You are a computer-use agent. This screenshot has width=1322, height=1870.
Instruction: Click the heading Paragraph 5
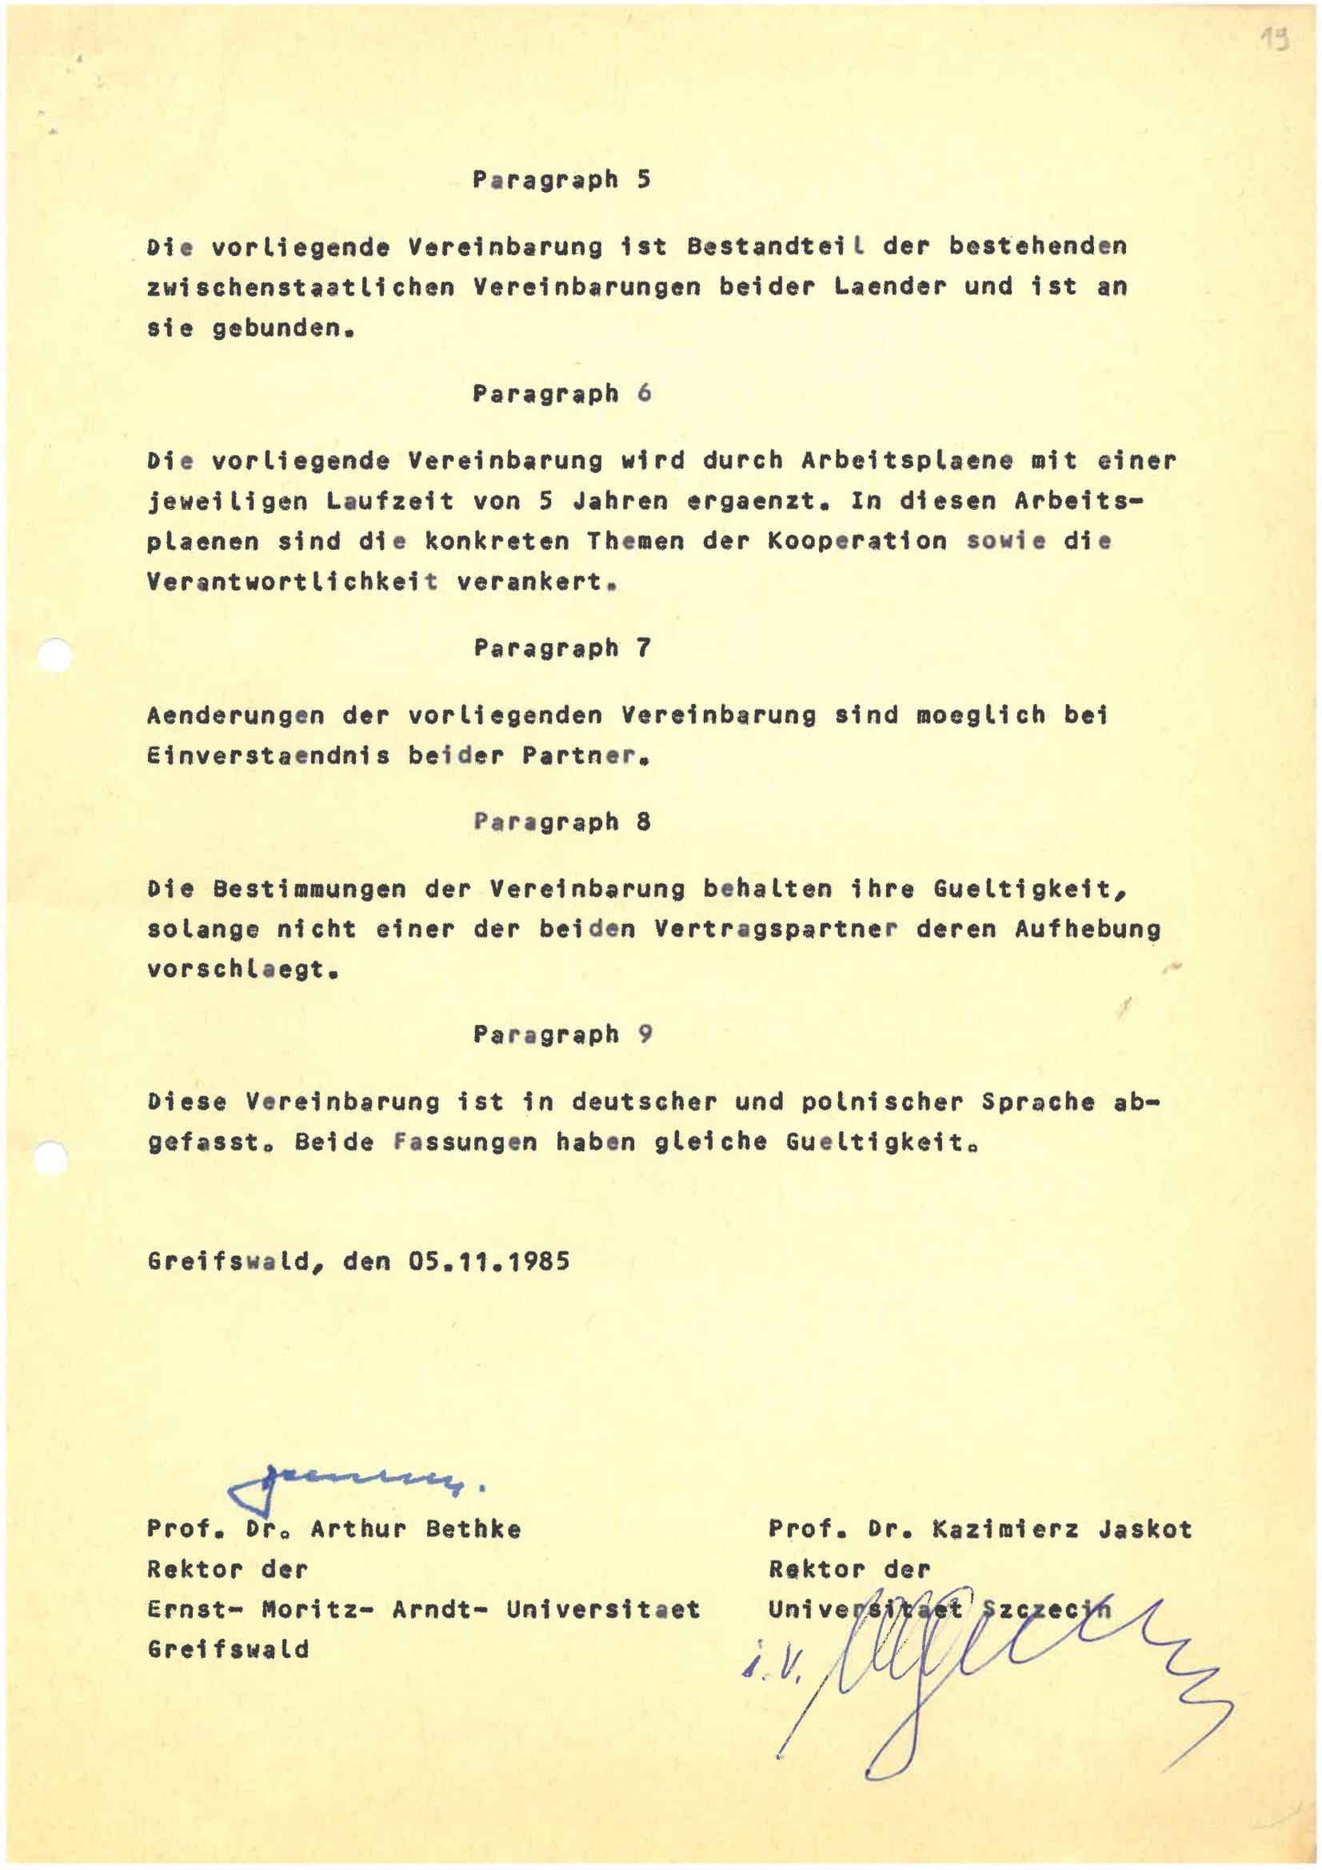pyautogui.click(x=561, y=180)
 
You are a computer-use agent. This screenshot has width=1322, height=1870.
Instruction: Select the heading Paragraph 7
pyautogui.click(x=561, y=649)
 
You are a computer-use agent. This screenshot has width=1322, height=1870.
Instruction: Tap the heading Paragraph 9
pyautogui.click(x=561, y=1035)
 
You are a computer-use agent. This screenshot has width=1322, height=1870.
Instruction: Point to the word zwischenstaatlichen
pyautogui.click(x=302, y=287)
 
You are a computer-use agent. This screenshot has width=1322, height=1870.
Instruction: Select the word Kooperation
pyautogui.click(x=857, y=542)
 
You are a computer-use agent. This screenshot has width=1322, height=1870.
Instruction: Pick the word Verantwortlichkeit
pyautogui.click(x=293, y=583)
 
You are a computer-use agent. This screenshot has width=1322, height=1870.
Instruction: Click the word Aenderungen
pyautogui.click(x=236, y=716)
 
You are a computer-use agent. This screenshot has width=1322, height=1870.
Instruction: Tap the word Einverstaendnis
pyautogui.click(x=269, y=757)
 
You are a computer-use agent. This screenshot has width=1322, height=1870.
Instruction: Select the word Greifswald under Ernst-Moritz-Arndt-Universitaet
pyautogui.click(x=228, y=1650)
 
